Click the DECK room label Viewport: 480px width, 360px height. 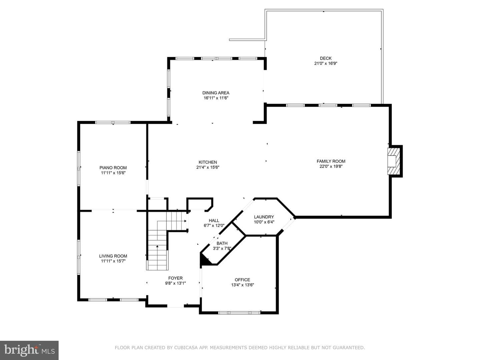pyautogui.click(x=326, y=58)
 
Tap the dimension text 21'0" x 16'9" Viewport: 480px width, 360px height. pyautogui.click(x=326, y=64)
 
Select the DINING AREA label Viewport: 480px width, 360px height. pyautogui.click(x=216, y=93)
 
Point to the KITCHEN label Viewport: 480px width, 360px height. pyautogui.click(x=208, y=162)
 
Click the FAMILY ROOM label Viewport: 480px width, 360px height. pyautogui.click(x=331, y=161)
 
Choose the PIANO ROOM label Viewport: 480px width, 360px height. pyautogui.click(x=113, y=168)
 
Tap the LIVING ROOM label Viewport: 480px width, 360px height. pyautogui.click(x=113, y=256)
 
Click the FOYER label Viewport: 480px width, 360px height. pyautogui.click(x=175, y=278)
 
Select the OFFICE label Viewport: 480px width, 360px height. pyautogui.click(x=242, y=280)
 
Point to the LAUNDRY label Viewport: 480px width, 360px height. pyautogui.click(x=264, y=217)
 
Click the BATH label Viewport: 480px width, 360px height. pyautogui.click(x=222, y=243)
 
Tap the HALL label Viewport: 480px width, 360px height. pyautogui.click(x=214, y=221)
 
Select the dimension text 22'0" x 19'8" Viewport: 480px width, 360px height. pyautogui.click(x=331, y=166)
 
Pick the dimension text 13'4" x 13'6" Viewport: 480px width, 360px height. pyautogui.click(x=242, y=285)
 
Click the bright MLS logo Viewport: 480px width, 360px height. pyautogui.click(x=29, y=350)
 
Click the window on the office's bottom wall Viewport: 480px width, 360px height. pyautogui.click(x=239, y=313)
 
